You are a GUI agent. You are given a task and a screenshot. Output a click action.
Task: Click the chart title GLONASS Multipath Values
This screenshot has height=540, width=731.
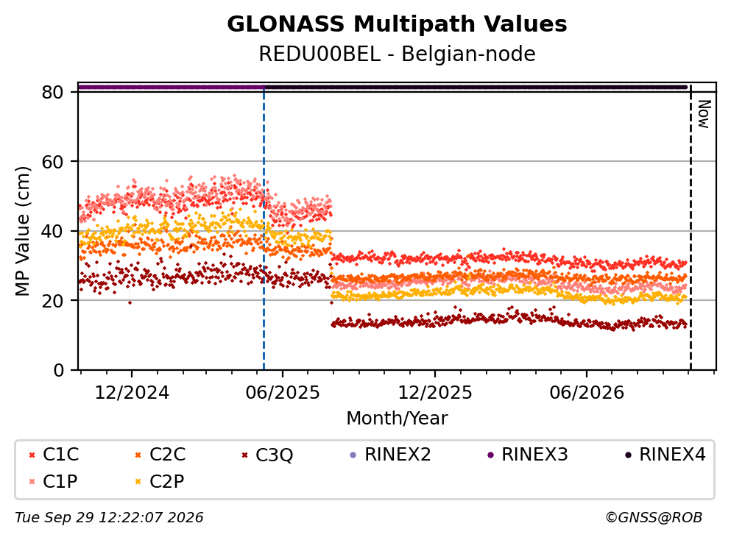tap(397, 24)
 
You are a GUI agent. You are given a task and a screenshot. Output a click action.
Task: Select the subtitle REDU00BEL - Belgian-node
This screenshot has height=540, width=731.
tap(397, 54)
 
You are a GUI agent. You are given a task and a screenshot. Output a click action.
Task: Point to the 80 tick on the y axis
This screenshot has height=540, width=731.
tap(52, 92)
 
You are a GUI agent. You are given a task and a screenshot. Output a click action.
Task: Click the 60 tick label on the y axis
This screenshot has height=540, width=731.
tap(52, 162)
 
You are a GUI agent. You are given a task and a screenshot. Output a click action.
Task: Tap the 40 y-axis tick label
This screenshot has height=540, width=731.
tap(52, 231)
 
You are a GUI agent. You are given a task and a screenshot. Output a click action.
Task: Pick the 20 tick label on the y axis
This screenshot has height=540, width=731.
tap(52, 300)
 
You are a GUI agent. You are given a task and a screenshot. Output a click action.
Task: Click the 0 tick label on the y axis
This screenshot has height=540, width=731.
tap(58, 370)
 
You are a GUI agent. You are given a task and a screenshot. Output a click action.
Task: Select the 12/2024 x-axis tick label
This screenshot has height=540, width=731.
tap(132, 393)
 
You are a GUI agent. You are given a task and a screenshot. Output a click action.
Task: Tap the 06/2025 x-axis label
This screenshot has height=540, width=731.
tap(283, 393)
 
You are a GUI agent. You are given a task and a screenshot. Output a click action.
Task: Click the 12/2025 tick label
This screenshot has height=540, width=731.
tap(435, 393)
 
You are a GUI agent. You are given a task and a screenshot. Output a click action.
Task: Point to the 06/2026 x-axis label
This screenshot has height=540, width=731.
tap(587, 393)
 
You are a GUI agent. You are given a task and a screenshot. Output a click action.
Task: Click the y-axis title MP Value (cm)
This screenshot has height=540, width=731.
tap(22, 231)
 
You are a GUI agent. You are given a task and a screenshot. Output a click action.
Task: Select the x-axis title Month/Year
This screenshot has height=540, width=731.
tap(397, 419)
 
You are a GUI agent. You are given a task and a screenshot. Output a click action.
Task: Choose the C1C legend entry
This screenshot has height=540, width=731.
tap(54, 454)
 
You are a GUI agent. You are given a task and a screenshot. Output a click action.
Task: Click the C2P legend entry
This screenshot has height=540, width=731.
tap(160, 481)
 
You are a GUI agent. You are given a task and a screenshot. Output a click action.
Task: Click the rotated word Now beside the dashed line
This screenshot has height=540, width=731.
tap(704, 114)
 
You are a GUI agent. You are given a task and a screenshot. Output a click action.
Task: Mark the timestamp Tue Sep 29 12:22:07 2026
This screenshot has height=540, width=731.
tap(109, 518)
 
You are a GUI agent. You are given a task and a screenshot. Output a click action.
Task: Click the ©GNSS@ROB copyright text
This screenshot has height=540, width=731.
tap(654, 518)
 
